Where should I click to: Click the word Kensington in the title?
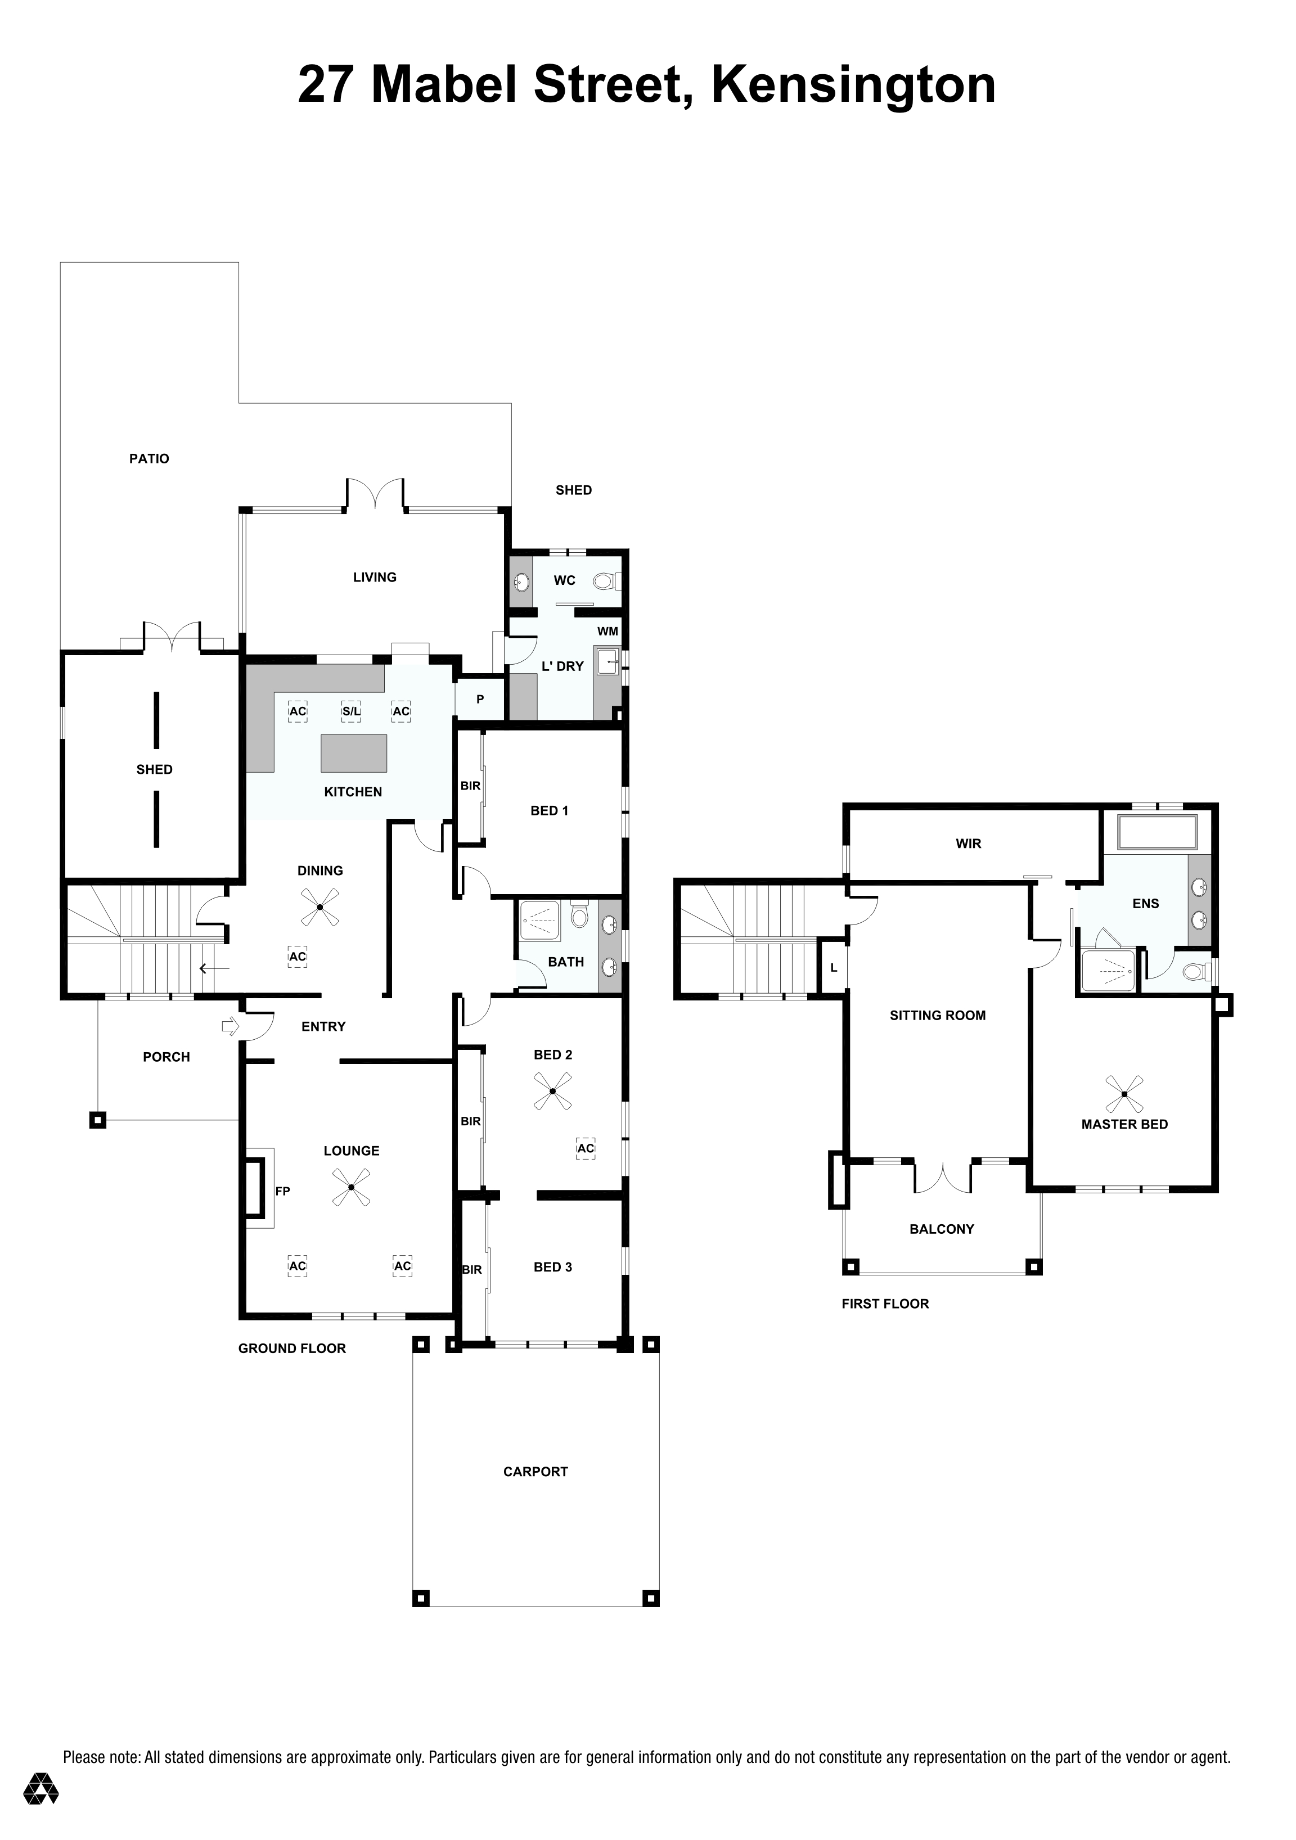[853, 85]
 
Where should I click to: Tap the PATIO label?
[149, 458]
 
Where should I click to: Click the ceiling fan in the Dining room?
[320, 907]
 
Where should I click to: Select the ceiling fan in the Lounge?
[351, 1188]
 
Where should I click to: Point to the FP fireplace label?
[282, 1191]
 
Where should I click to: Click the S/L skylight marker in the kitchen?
[351, 711]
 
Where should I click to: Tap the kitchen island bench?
[353, 752]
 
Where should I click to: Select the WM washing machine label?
[607, 632]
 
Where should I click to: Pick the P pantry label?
[480, 700]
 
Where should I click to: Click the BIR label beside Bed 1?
[470, 786]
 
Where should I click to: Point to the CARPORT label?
[535, 1471]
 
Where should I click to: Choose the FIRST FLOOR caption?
[885, 1304]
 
